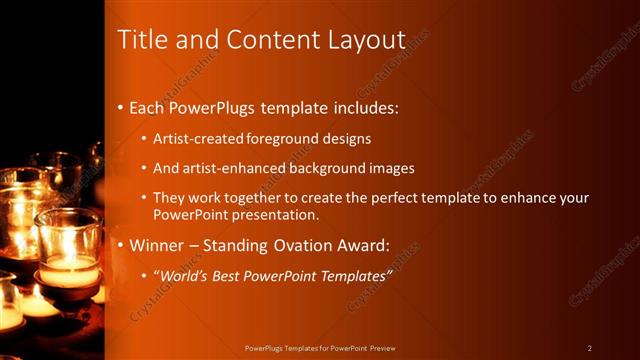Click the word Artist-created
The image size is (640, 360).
[198, 139]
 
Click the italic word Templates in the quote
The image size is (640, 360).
[351, 276]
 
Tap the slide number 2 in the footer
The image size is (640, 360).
[590, 348]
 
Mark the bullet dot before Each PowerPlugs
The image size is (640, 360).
[121, 107]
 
